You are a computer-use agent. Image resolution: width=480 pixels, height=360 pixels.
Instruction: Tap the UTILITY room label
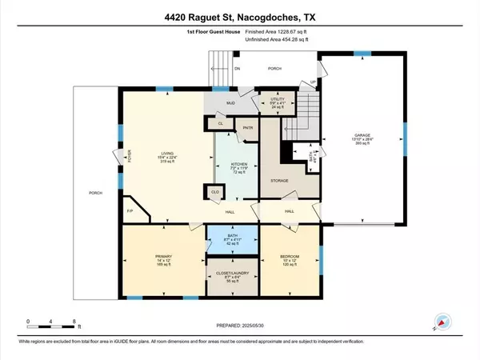[278, 102]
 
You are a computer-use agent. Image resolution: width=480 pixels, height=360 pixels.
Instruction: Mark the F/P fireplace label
[130, 211]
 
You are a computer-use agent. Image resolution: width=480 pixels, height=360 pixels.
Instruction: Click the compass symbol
[439, 322]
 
